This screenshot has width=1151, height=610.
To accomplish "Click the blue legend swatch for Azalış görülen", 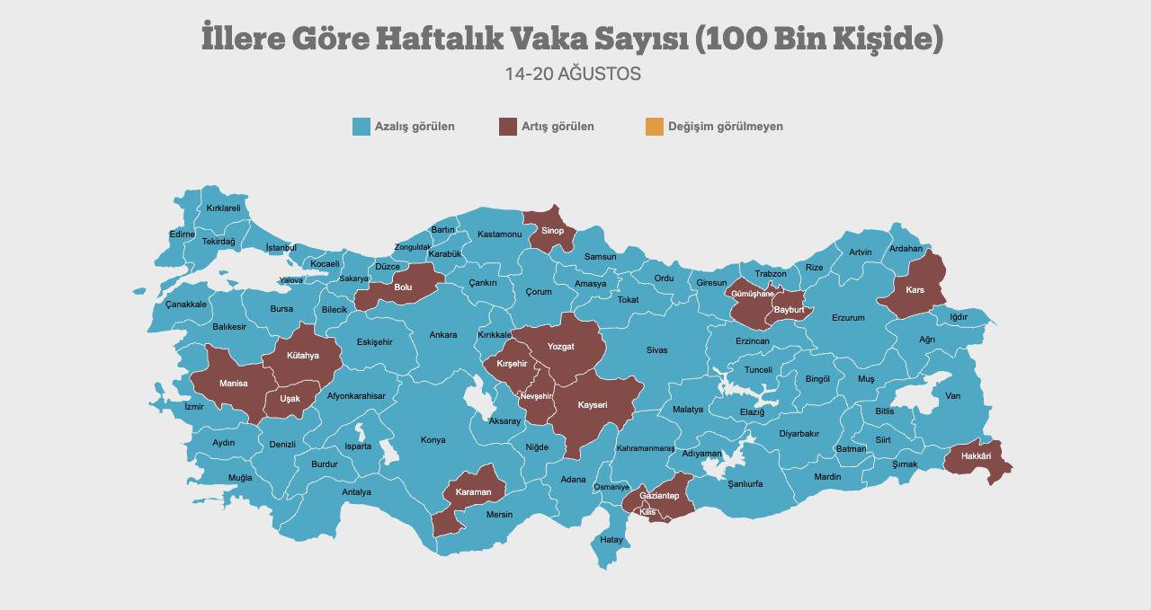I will pos(361,127).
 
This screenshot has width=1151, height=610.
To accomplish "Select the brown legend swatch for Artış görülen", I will pos(508,127).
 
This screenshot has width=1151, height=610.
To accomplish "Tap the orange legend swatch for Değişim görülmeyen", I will pos(655,127).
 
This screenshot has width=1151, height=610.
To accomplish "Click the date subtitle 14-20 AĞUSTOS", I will pos(573,74).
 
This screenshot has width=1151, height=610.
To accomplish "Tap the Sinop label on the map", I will pos(552,231).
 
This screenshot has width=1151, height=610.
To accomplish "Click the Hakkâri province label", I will pos(976,456).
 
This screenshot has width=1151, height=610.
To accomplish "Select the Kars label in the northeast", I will pos(915,290).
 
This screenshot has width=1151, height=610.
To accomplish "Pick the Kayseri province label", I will pos(593,405).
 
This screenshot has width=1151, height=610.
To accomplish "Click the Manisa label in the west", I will pos(233,384).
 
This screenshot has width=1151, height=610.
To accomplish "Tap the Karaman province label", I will pos(473,492).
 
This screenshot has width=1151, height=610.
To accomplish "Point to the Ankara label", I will pos(442,335).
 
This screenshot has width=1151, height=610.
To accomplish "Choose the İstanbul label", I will pos(281,247).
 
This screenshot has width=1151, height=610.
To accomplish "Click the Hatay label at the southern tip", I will pos(611,540).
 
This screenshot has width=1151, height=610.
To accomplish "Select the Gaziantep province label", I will pos(658,496).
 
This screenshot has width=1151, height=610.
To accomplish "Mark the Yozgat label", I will pos(560,347).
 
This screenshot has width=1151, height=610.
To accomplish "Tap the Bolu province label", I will pos(403,287).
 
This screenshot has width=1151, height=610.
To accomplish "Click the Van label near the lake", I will pos(952,396).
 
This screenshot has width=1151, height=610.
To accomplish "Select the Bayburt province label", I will pos(789,310).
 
